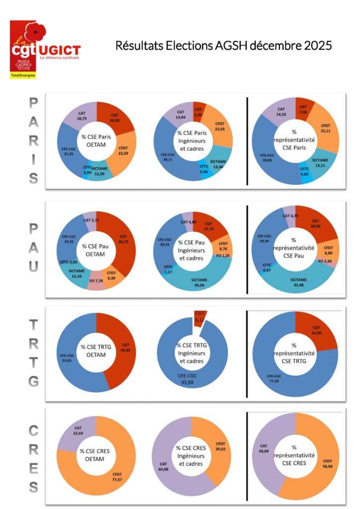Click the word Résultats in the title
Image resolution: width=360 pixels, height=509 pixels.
click(137, 46)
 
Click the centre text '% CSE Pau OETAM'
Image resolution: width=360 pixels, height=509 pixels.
click(96, 250)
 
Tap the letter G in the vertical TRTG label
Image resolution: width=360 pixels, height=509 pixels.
click(33, 382)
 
